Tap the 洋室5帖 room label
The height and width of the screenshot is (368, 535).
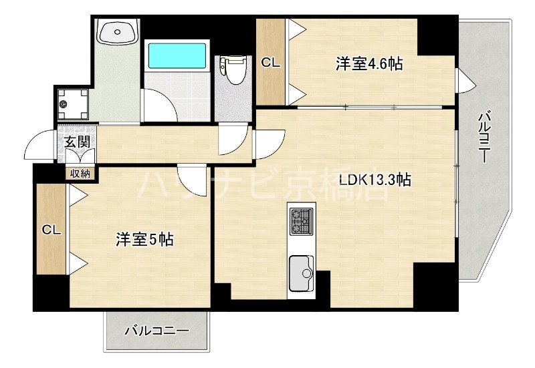point(145,239)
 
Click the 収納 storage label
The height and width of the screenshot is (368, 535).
point(82,173)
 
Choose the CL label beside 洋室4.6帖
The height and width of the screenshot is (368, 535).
point(270,63)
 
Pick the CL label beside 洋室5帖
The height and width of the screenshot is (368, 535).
point(51,230)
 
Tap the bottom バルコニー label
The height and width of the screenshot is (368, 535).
point(157,331)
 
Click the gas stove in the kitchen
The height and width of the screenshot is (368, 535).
point(301,222)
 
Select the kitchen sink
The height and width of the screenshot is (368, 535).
point(302,274)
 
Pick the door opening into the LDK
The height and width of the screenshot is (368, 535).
point(267,146)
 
